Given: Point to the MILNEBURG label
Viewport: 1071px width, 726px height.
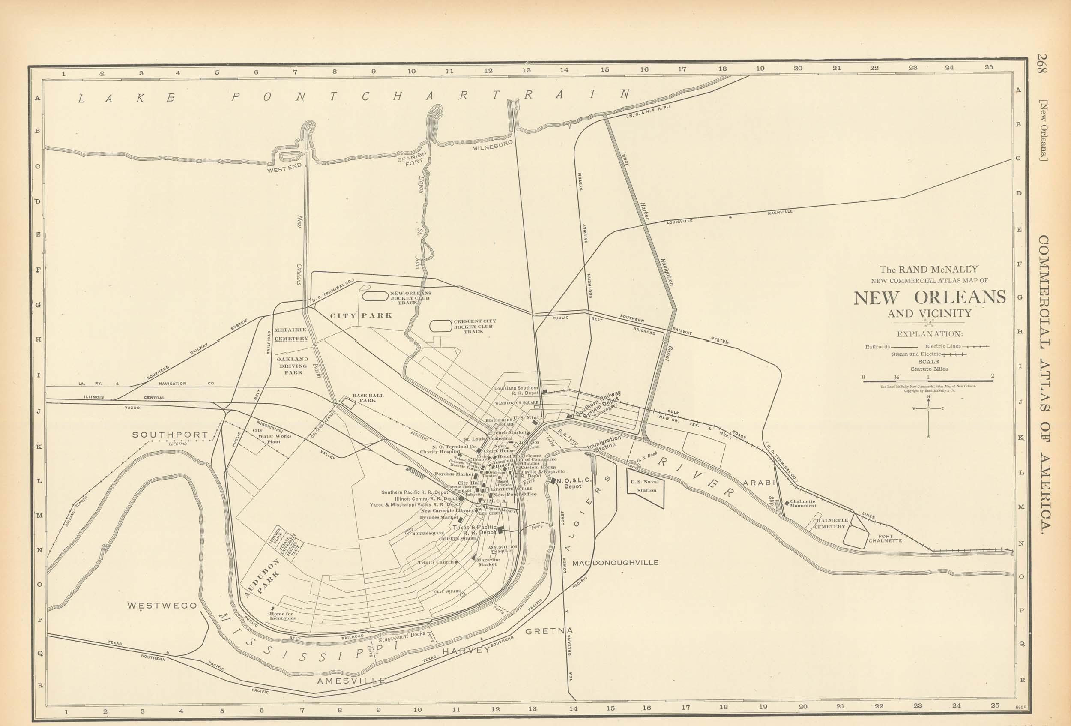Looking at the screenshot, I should (x=492, y=146).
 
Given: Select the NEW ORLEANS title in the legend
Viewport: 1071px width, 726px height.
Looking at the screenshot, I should (x=930, y=298).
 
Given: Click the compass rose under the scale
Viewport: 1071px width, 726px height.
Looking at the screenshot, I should (x=928, y=408).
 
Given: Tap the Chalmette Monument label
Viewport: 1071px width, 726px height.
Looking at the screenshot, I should (x=802, y=504).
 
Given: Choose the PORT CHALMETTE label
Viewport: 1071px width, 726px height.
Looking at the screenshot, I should (x=885, y=538).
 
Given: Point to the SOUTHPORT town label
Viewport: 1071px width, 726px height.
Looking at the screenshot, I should (x=170, y=435).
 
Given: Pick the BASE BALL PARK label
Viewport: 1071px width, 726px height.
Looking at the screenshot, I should (x=368, y=397).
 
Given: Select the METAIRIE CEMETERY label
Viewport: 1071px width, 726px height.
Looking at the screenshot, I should (x=291, y=334).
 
